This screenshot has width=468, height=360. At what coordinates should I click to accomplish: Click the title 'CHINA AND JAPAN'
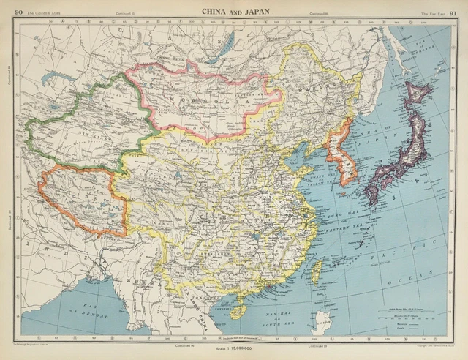(x=234, y=10)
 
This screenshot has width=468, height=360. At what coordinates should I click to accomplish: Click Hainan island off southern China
(x=238, y=311)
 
